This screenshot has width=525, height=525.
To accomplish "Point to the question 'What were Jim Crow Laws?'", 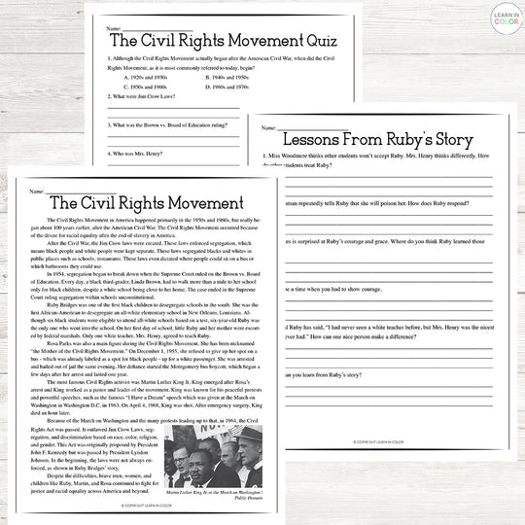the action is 146,97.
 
